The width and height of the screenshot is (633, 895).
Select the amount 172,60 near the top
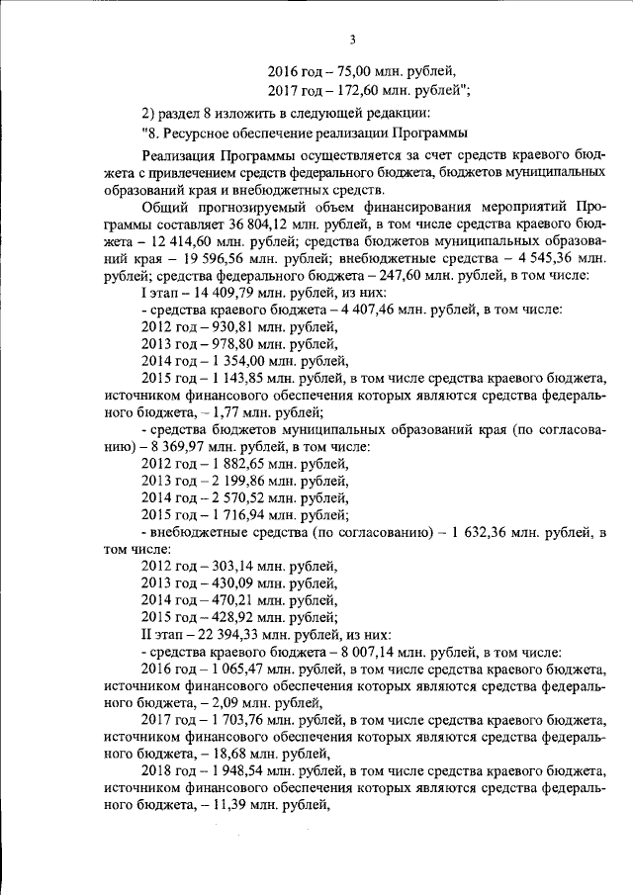pyautogui.click(x=357, y=89)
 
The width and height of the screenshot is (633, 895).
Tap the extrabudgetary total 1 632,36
pyautogui.click(x=484, y=532)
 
